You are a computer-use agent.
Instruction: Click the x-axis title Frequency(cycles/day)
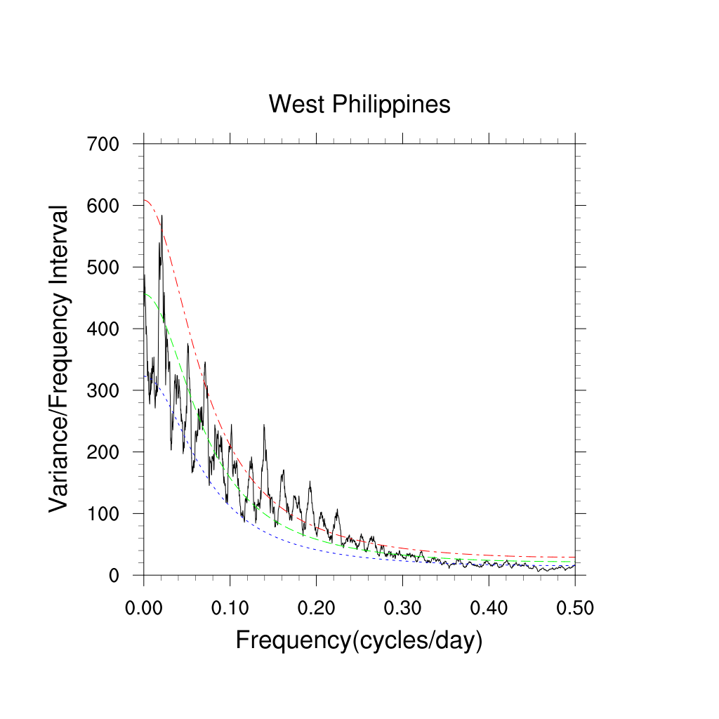(x=359, y=640)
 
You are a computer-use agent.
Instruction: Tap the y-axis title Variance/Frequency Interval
(x=60, y=359)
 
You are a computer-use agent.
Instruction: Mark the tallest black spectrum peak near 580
(x=161, y=216)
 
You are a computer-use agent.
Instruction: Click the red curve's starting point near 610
(x=145, y=200)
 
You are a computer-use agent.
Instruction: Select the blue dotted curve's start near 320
(x=145, y=376)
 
